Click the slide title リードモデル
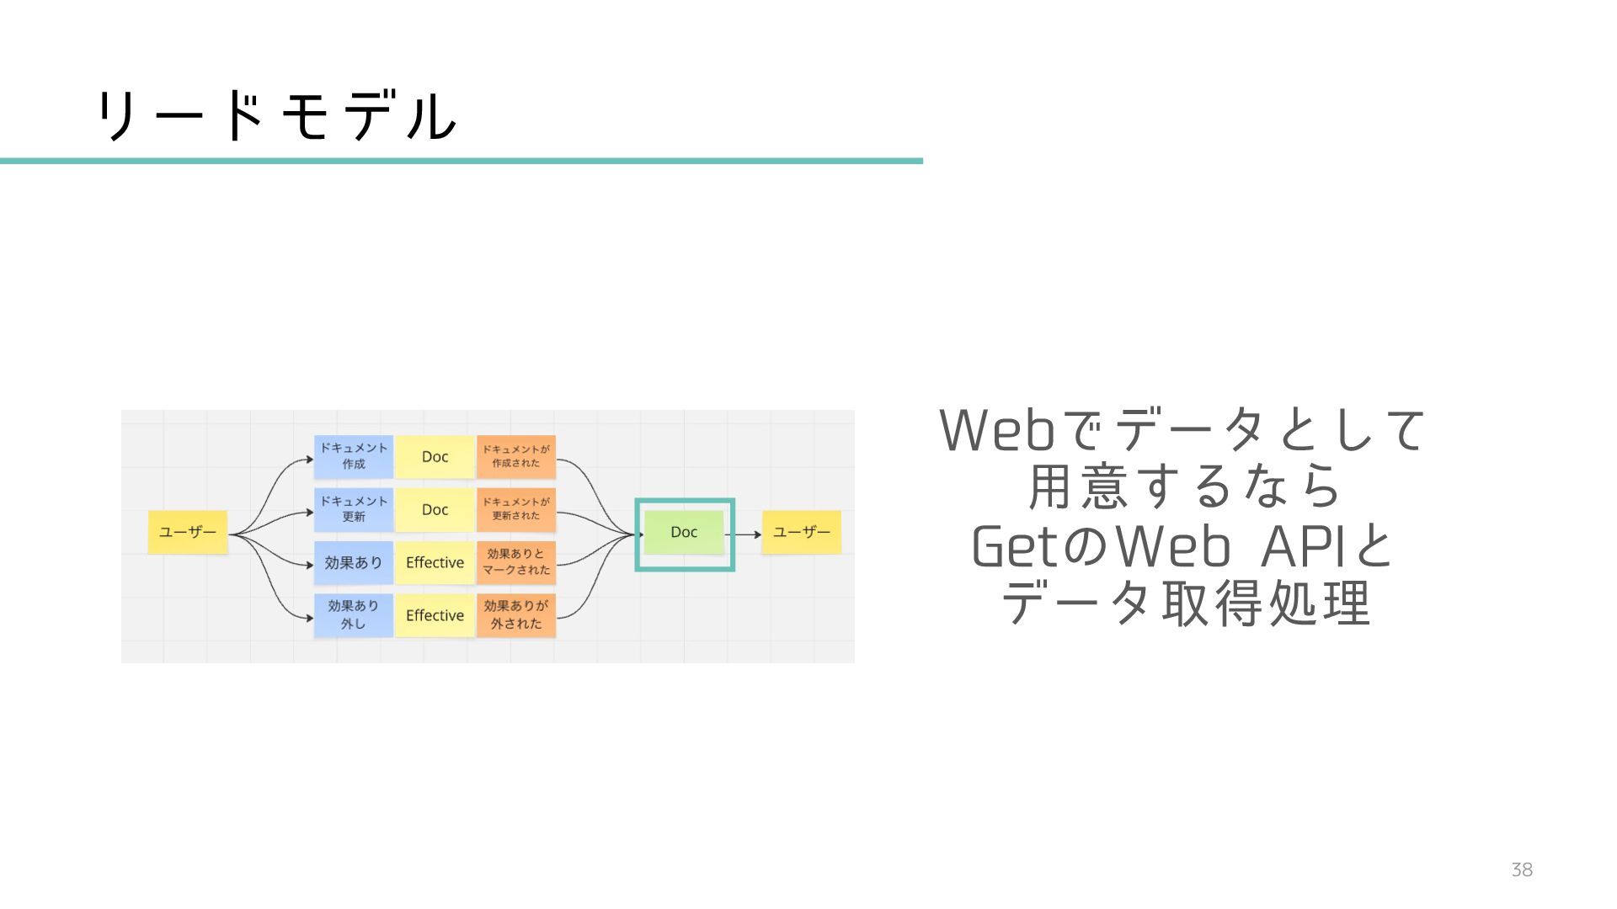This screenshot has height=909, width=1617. (x=276, y=116)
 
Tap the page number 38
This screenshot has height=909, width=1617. (x=1521, y=870)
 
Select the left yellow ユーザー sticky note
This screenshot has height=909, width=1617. (x=188, y=532)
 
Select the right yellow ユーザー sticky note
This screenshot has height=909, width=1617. (x=801, y=532)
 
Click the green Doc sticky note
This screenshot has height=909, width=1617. (x=684, y=532)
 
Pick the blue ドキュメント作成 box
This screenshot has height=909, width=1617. (x=354, y=456)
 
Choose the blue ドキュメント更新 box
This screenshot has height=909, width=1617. (x=354, y=509)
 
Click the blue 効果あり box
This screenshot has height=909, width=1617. (x=354, y=562)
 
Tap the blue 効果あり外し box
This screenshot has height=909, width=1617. (x=354, y=614)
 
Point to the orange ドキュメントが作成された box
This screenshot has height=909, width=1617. (x=516, y=456)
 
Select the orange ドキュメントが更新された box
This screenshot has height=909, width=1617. (x=516, y=509)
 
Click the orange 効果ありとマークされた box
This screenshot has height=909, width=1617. (x=516, y=562)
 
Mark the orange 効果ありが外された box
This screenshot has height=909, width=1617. (x=516, y=614)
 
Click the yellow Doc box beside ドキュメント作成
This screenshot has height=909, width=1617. (x=435, y=456)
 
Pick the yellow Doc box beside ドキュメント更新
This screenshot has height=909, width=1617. (x=435, y=509)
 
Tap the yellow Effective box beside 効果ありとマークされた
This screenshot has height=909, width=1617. (x=435, y=562)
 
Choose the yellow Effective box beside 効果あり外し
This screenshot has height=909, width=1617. (x=435, y=615)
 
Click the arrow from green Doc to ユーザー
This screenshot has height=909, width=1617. (x=744, y=534)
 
